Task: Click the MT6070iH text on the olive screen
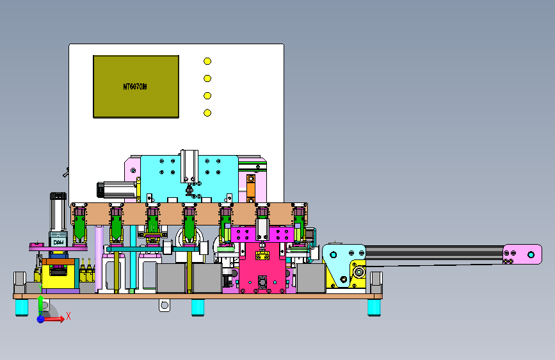pyautogui.click(x=135, y=86)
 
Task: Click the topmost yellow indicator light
pyautogui.click(x=207, y=61)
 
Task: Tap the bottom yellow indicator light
pyautogui.click(x=207, y=113)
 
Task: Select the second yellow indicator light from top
pyautogui.click(x=207, y=78)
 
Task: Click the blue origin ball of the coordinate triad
pyautogui.click(x=41, y=318)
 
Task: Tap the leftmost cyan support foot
pyautogui.click(x=22, y=307)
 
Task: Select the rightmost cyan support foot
pyautogui.click(x=374, y=307)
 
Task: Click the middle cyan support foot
pyautogui.click(x=198, y=307)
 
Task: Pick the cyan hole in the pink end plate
pyautogui.click(x=530, y=254)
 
